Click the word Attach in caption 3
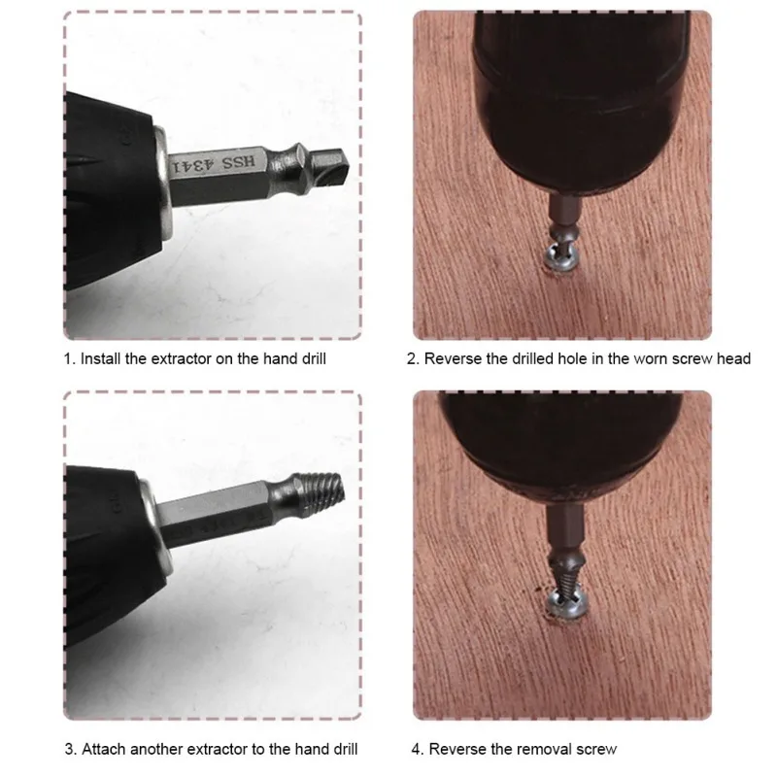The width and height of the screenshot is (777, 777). tap(104, 749)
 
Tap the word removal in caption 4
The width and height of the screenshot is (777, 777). tap(536, 749)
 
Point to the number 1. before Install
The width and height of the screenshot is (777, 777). tap(69, 358)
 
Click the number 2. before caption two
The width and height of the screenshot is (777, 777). tap(413, 358)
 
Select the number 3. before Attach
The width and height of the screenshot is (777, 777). tap(70, 749)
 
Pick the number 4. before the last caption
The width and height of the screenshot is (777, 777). tap(416, 749)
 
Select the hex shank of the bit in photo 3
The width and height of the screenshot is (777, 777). tap(219, 505)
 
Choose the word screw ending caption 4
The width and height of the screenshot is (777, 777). tap(594, 749)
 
